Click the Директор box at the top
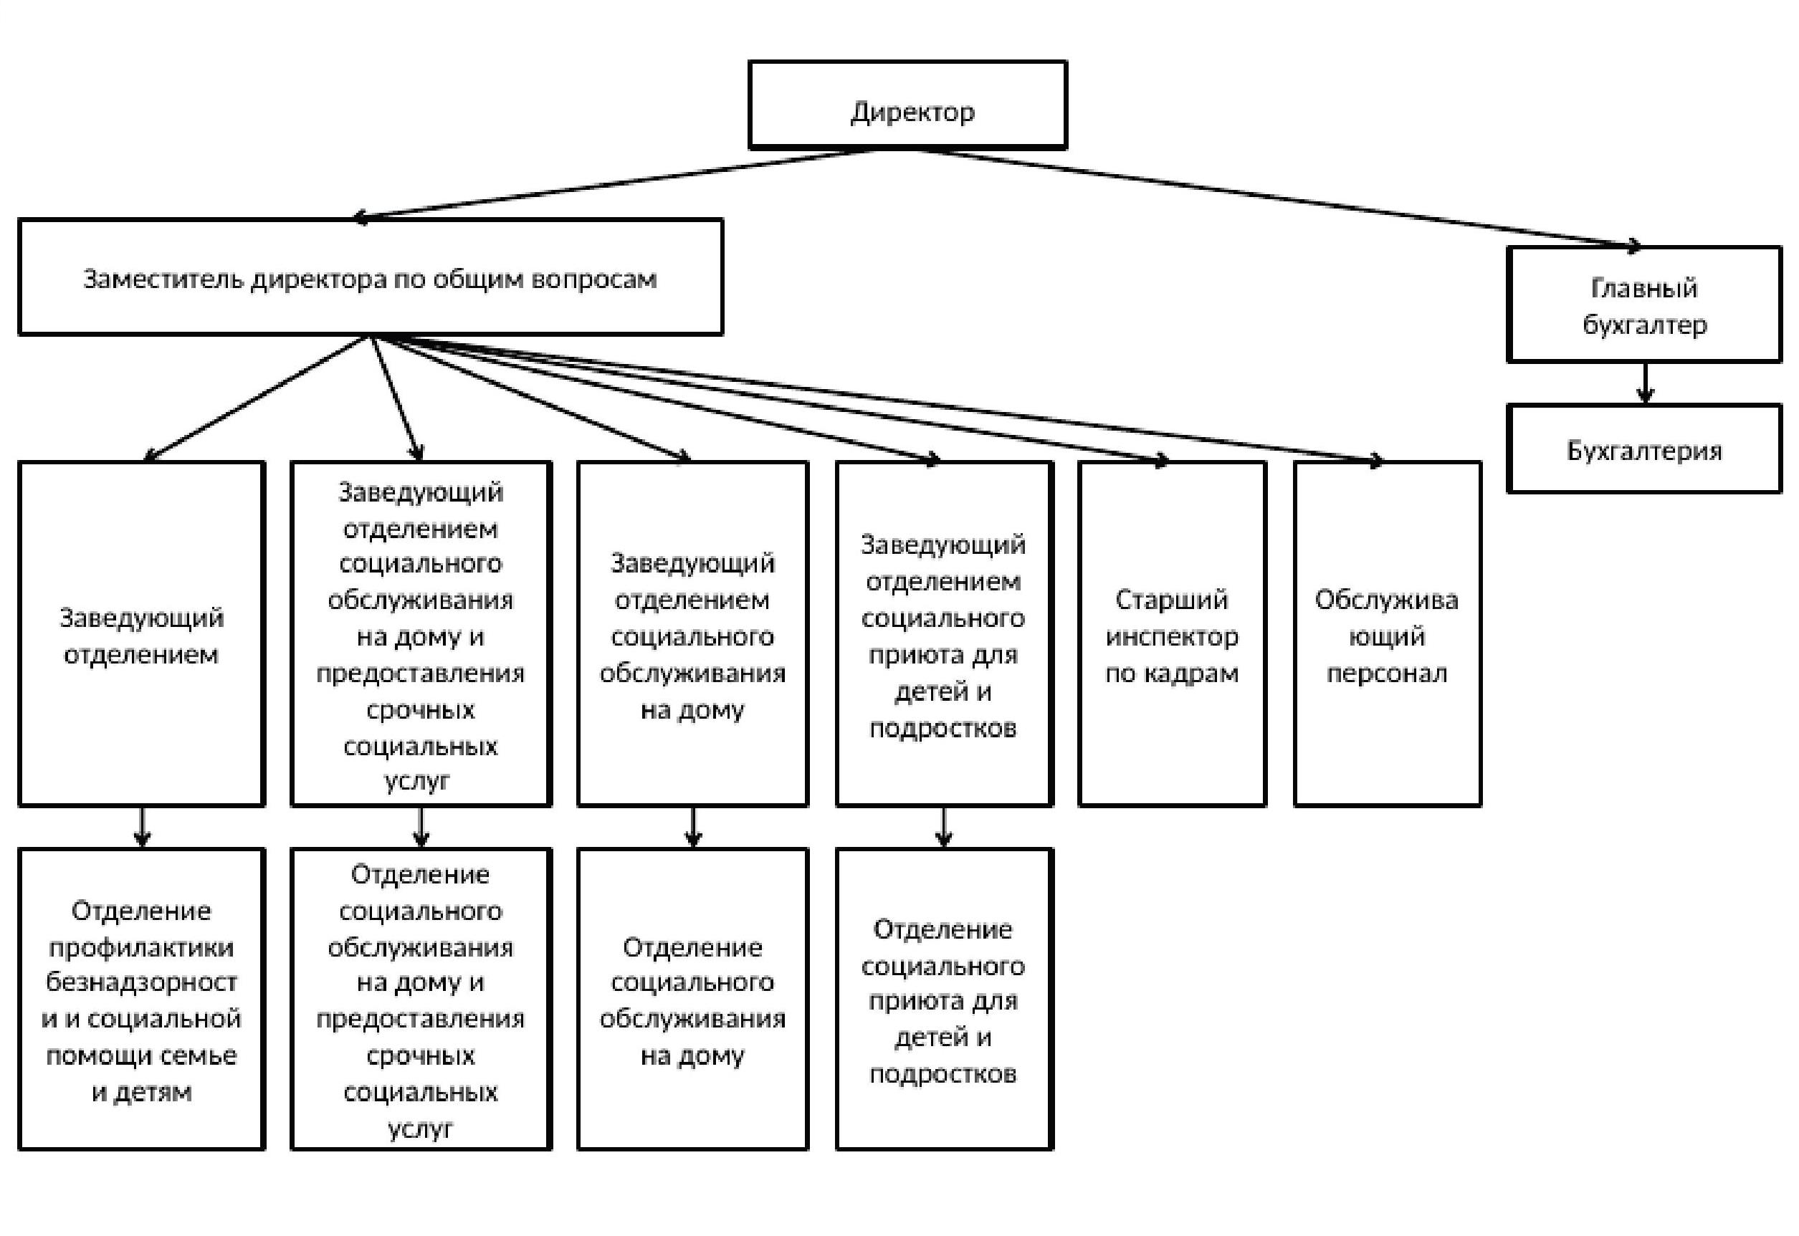tap(907, 105)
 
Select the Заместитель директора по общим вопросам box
tap(370, 277)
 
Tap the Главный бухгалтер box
tap(1643, 305)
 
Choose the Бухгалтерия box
tap(1643, 449)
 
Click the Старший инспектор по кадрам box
tap(1172, 634)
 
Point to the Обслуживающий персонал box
tap(1387, 634)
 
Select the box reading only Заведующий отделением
tap(142, 634)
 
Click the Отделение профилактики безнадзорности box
tap(142, 999)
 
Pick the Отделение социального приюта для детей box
tap(944, 999)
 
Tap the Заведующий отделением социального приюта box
tap(944, 634)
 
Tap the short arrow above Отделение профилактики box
tap(142, 826)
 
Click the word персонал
tap(1387, 672)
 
